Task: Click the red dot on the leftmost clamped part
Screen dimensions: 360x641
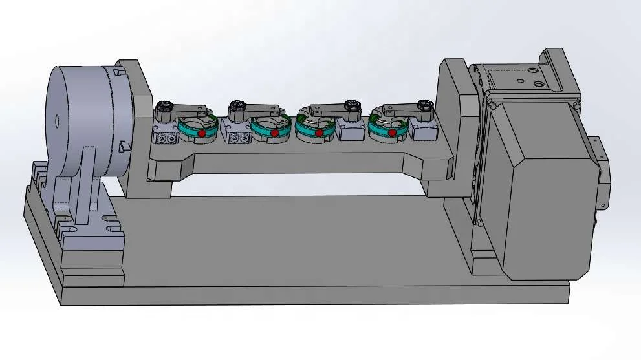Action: point(202,132)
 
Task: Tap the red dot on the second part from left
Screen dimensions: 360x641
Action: point(275,132)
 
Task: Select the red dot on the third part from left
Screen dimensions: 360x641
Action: point(319,132)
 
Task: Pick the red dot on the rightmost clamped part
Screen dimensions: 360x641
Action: point(392,132)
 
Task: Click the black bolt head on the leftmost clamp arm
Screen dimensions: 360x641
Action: point(163,106)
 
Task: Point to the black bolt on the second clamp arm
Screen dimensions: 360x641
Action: point(237,106)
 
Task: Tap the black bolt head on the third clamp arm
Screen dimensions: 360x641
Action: point(352,106)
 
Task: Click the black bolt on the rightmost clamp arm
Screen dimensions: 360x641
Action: point(425,106)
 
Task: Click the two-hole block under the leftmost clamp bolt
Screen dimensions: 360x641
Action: point(166,138)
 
